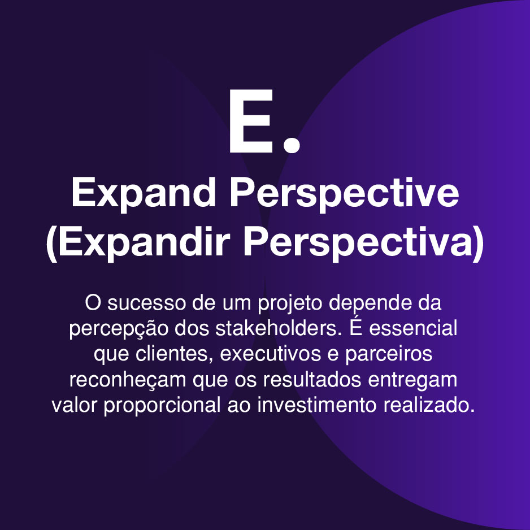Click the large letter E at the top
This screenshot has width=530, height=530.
251,121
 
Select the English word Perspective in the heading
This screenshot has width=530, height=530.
345,194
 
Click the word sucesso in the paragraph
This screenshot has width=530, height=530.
147,303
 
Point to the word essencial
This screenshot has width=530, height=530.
413,328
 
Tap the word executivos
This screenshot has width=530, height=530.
270,354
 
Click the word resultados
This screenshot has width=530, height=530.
312,379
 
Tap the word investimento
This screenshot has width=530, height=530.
317,405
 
